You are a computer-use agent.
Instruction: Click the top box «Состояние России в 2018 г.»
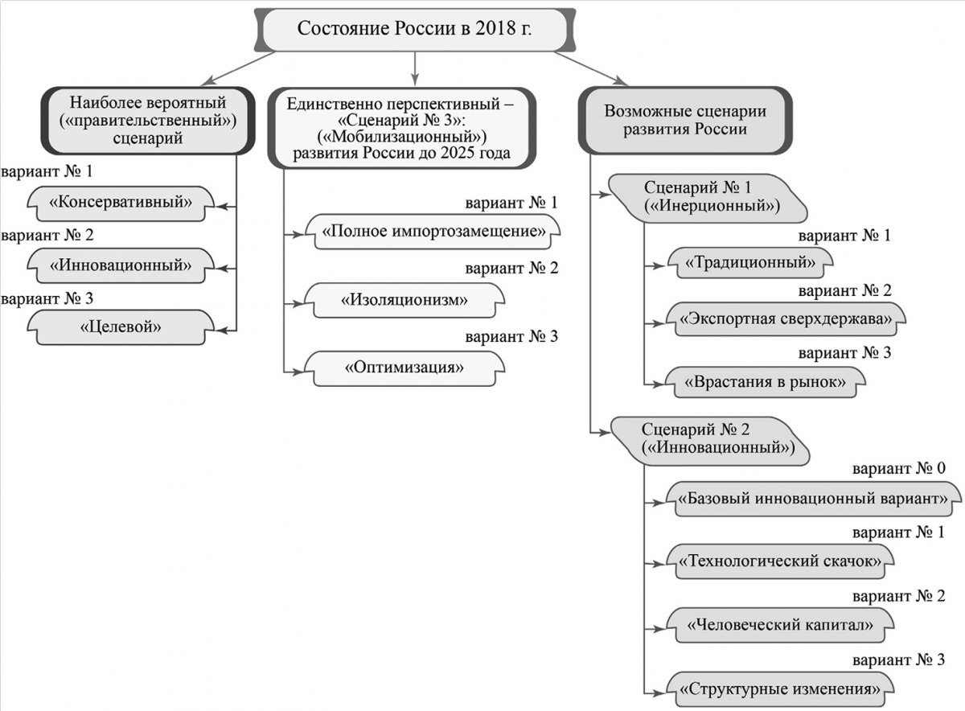(x=414, y=29)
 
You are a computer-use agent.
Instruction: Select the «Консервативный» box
(x=121, y=203)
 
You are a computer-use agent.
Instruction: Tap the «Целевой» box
(x=121, y=327)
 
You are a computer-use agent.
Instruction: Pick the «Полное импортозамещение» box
(x=433, y=232)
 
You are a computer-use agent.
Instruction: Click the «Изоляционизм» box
(x=404, y=300)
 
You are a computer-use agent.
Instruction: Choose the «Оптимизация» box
(x=404, y=368)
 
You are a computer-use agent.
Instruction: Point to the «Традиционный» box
(x=750, y=262)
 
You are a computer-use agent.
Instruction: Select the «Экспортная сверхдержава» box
(x=786, y=319)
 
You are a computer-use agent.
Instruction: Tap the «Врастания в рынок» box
(x=765, y=382)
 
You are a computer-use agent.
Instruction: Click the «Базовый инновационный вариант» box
(x=813, y=499)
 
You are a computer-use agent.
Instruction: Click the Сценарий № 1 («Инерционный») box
(x=708, y=198)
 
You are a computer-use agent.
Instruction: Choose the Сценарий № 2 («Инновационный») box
(x=710, y=441)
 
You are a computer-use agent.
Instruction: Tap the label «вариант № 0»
(x=899, y=468)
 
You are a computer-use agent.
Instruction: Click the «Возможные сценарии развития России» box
(x=685, y=120)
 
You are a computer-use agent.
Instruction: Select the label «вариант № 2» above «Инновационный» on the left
(x=47, y=236)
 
